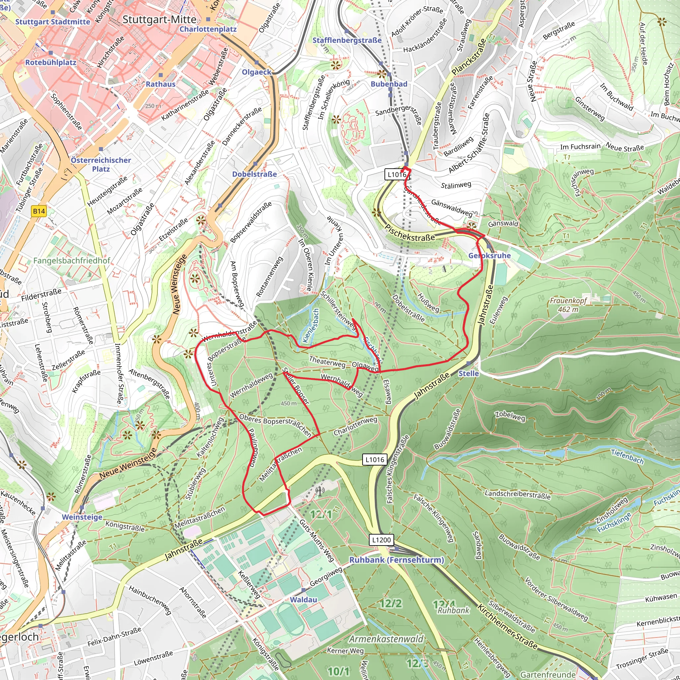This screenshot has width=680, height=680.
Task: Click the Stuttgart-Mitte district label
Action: click(159, 20)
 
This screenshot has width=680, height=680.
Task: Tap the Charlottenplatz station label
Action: click(208, 29)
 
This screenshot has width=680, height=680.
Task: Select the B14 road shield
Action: click(39, 211)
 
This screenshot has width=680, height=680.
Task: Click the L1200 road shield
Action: click(382, 540)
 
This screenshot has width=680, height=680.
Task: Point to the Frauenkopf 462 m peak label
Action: click(568, 305)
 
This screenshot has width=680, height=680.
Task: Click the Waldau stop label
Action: click(303, 599)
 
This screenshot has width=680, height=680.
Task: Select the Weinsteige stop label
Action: click(82, 517)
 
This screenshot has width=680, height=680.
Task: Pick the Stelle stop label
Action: click(468, 374)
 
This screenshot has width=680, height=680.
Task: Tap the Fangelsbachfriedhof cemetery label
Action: click(72, 261)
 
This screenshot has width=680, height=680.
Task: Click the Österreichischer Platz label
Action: click(101, 164)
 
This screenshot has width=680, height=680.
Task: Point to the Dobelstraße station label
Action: click(254, 174)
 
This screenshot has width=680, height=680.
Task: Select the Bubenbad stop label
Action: click(389, 84)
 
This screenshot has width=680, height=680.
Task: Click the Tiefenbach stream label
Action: click(627, 457)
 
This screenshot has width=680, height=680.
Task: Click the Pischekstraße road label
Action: click(410, 233)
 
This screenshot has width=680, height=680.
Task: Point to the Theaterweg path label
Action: click(327, 362)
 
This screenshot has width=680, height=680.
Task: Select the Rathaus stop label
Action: click(160, 84)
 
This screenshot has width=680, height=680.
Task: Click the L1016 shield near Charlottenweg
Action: click(375, 459)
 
